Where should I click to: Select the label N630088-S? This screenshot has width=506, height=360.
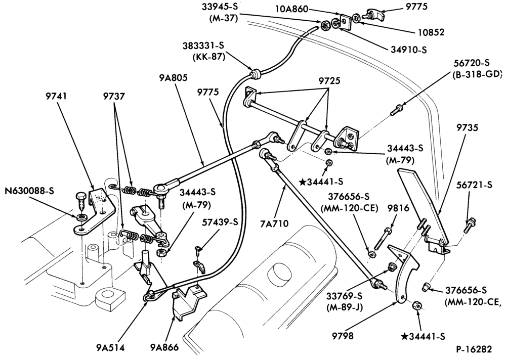click(x=29, y=191)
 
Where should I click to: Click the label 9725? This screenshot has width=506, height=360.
click(x=329, y=81)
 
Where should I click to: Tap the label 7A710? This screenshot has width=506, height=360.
click(x=275, y=223)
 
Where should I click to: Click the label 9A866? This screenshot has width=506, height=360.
click(x=164, y=347)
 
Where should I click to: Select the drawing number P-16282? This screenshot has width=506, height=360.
click(x=474, y=349)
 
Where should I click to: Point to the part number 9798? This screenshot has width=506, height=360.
click(x=343, y=336)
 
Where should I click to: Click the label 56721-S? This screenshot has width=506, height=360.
click(x=475, y=185)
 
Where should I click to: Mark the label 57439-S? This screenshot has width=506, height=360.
click(x=220, y=222)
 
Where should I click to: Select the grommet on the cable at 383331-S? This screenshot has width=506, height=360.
click(x=256, y=73)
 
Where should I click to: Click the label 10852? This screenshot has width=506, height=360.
click(x=432, y=32)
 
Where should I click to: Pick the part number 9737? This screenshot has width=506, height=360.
click(x=114, y=96)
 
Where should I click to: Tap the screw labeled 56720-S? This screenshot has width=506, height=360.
click(x=395, y=110)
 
